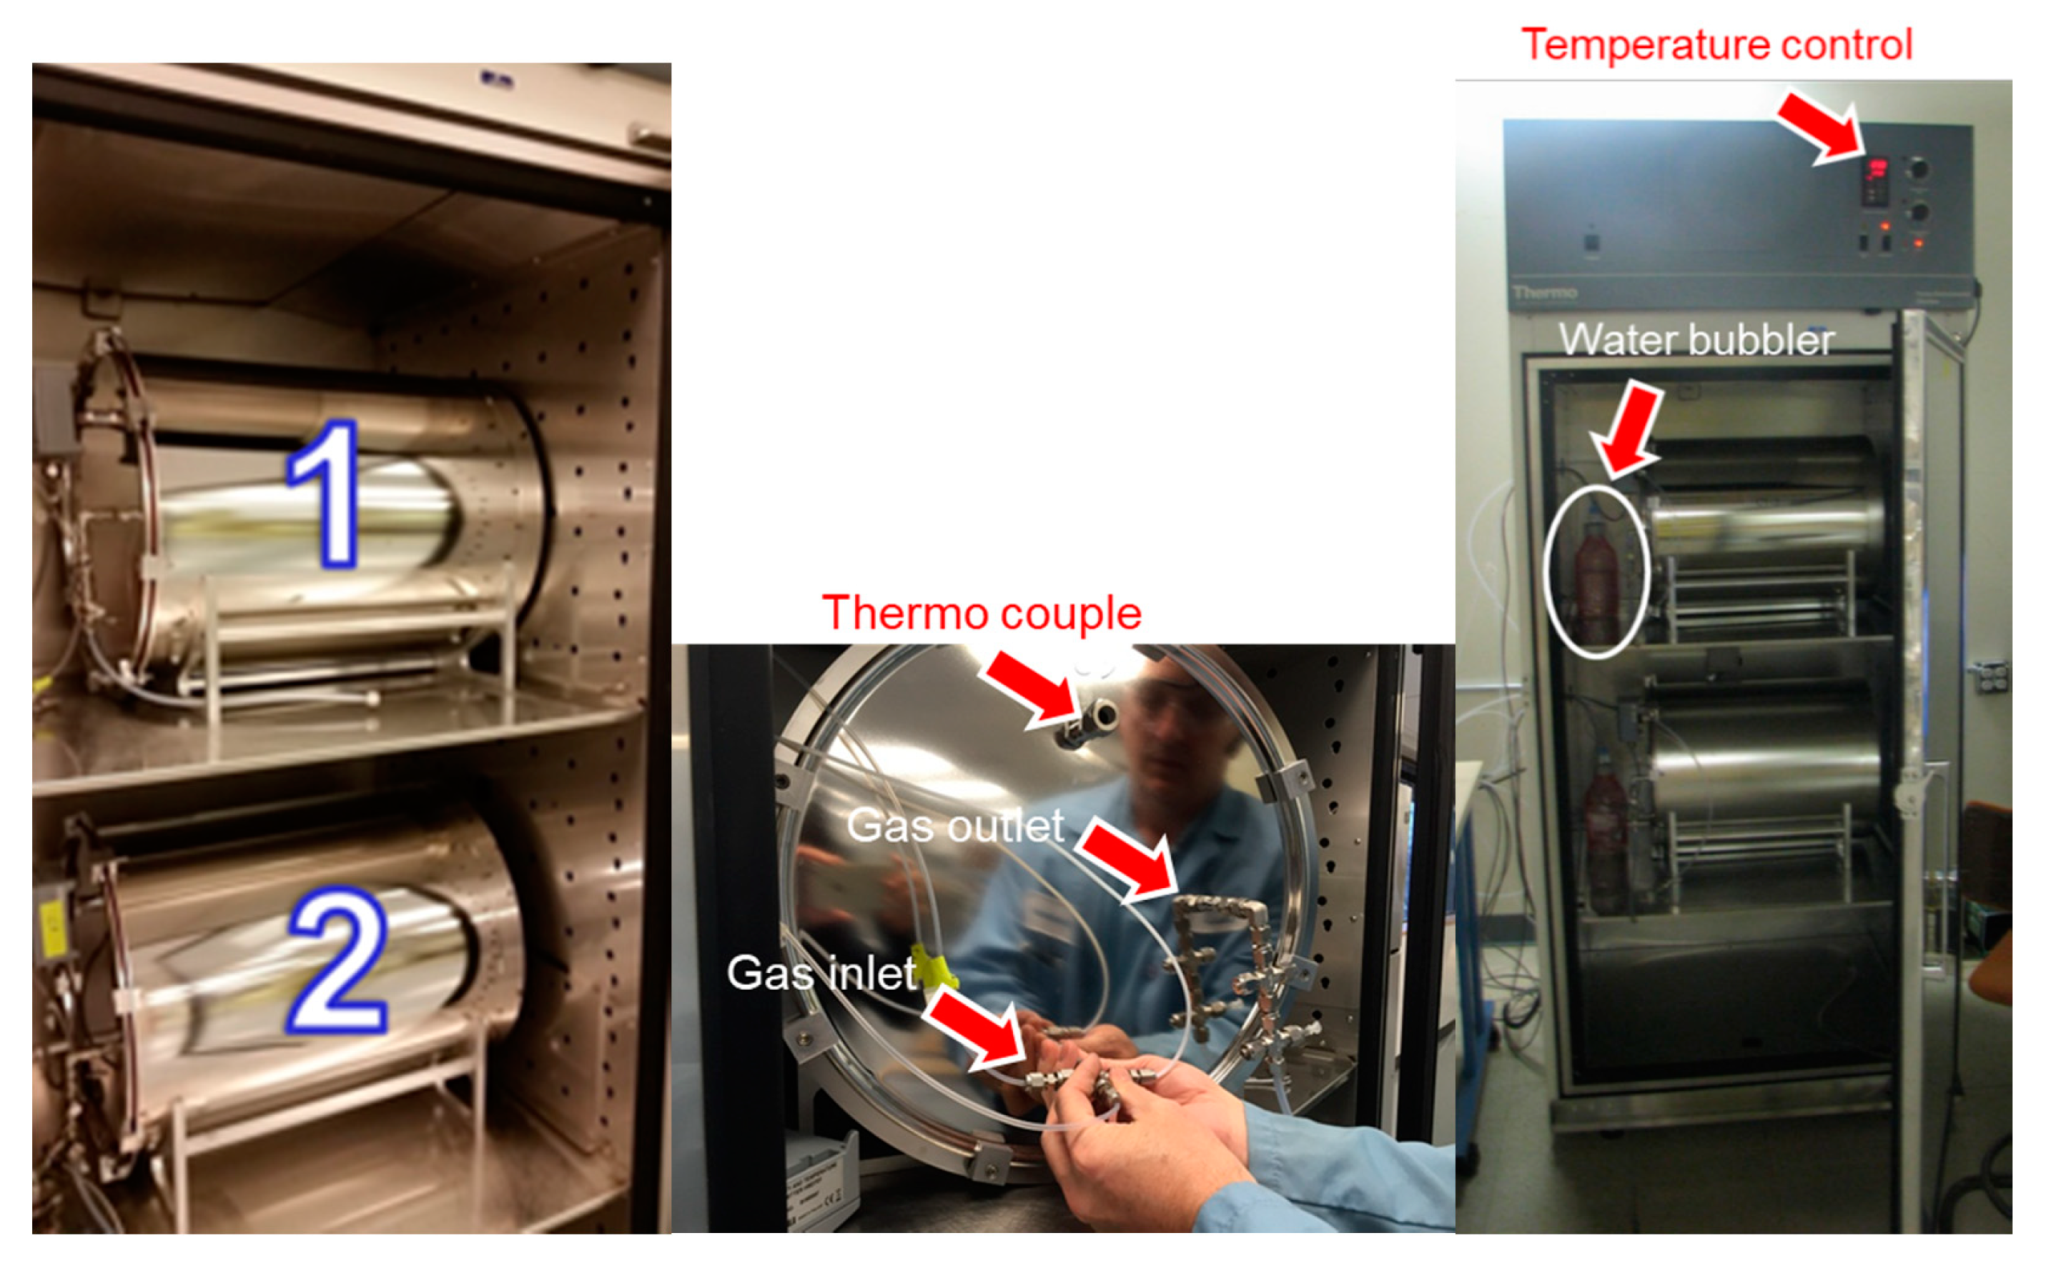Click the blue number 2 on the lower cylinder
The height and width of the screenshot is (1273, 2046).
pyautogui.click(x=337, y=961)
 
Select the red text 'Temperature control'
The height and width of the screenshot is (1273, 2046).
pyautogui.click(x=1716, y=44)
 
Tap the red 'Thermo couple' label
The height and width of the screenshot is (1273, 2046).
pyautogui.click(x=982, y=613)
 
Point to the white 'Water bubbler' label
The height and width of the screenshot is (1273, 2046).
pyautogui.click(x=1696, y=339)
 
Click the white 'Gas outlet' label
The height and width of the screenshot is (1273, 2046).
pyautogui.click(x=955, y=825)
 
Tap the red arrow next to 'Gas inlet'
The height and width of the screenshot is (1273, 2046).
pyautogui.click(x=974, y=1029)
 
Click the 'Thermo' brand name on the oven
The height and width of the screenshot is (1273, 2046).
pyautogui.click(x=1545, y=293)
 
